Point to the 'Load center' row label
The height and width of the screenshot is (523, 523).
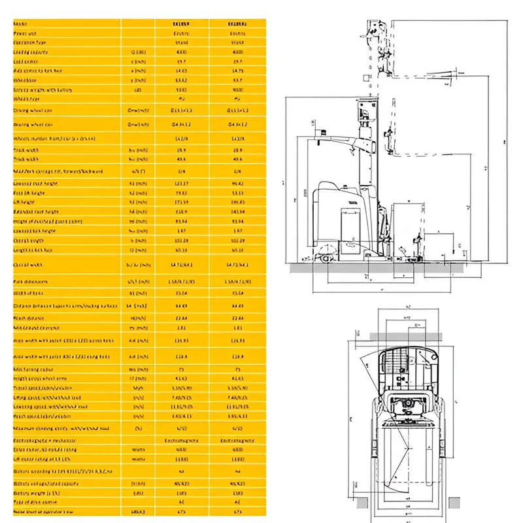pyautogui.click(x=29, y=61)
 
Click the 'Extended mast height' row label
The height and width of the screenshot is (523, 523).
pyautogui.click(x=39, y=211)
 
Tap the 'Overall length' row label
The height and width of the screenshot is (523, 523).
pyautogui.click(x=32, y=240)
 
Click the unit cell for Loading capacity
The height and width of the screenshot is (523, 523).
pyautogui.click(x=138, y=52)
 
